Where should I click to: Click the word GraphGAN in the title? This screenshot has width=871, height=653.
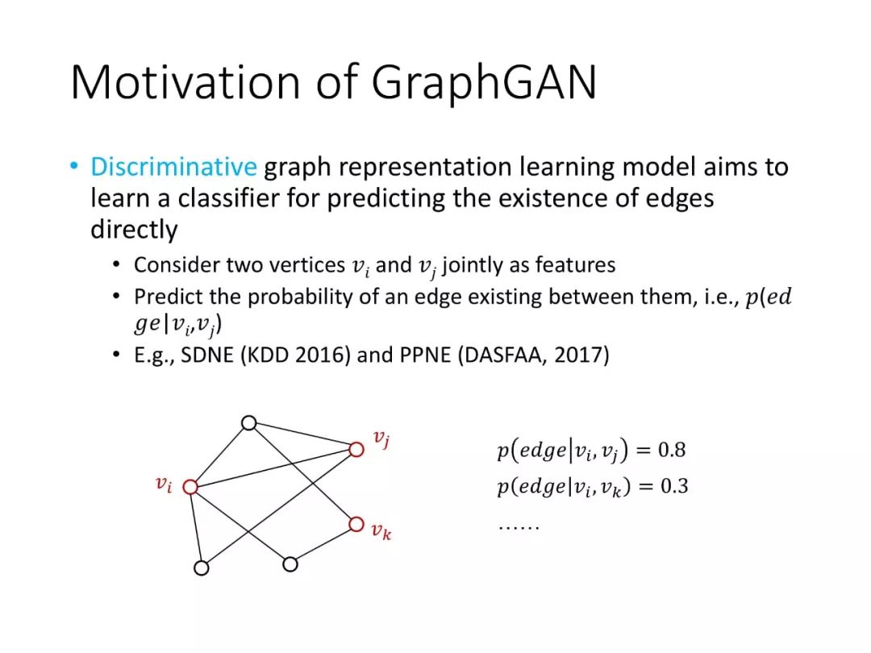[484, 83]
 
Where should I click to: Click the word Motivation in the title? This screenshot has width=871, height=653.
[185, 81]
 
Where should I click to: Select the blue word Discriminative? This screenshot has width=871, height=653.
[173, 167]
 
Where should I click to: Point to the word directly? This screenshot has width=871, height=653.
[134, 229]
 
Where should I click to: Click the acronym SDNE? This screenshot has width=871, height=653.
[207, 355]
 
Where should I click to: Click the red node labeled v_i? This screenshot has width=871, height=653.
[190, 487]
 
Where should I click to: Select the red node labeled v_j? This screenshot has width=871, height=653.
[356, 449]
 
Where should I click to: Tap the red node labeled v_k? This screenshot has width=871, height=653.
[356, 524]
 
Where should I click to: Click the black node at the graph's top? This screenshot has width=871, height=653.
[249, 423]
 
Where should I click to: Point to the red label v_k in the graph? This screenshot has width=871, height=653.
[381, 531]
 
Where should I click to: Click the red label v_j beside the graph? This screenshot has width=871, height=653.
[381, 439]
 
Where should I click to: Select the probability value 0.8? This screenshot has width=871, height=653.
[672, 449]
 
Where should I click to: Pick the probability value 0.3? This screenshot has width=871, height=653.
[674, 486]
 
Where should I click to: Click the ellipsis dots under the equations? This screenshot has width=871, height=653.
[519, 527]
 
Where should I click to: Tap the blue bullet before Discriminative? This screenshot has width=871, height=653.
[74, 165]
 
